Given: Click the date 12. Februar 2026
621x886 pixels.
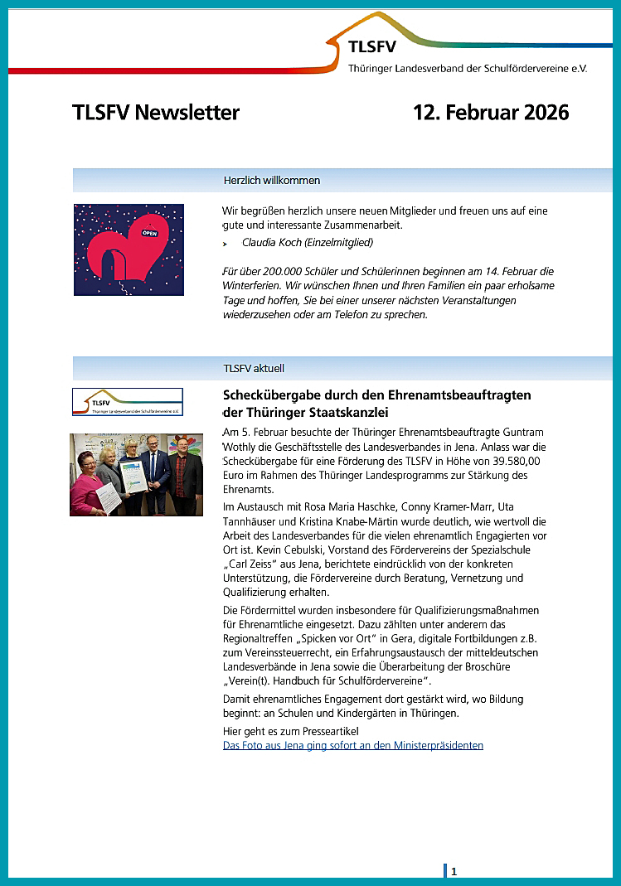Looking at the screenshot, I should coord(491,113).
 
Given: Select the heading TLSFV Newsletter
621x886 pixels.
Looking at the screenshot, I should coord(156,113).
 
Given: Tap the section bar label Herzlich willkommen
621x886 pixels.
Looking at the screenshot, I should coord(272,180).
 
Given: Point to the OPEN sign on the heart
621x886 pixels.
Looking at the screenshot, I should coord(149,233).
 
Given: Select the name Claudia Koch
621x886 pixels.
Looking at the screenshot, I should coord(278,243).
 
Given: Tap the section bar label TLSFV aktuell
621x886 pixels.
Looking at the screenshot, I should coord(254,368).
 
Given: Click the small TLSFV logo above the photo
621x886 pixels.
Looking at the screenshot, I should coord(128,402).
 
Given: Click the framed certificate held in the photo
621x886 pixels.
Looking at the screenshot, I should coord(133,477).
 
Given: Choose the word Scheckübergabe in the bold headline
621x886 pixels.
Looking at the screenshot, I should coord(272,395).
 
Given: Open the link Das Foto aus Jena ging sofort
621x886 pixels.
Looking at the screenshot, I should coord(353,745).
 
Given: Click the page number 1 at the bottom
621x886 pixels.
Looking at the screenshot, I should coord(454,871).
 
